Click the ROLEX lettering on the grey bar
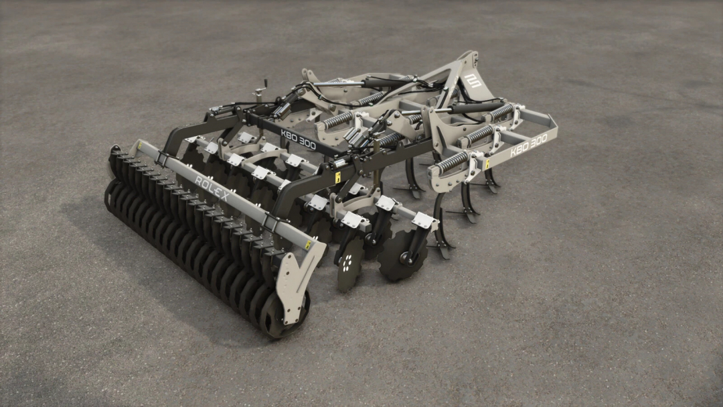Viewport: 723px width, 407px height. coord(212,188)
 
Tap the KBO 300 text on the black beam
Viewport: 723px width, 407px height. coord(299,139)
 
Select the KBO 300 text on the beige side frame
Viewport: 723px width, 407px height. coord(528,145)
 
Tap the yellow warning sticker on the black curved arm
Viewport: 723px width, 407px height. coord(337,178)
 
